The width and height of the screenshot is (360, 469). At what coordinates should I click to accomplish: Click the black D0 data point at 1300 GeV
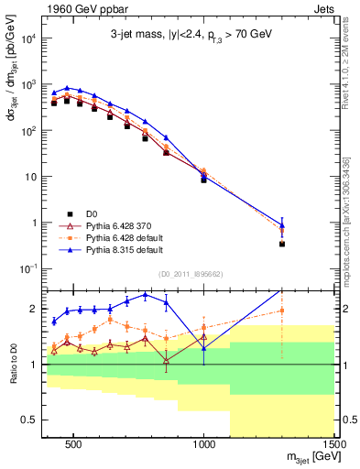[283, 244]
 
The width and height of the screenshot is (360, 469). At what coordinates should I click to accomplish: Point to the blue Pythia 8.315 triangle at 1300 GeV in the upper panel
[283, 224]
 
